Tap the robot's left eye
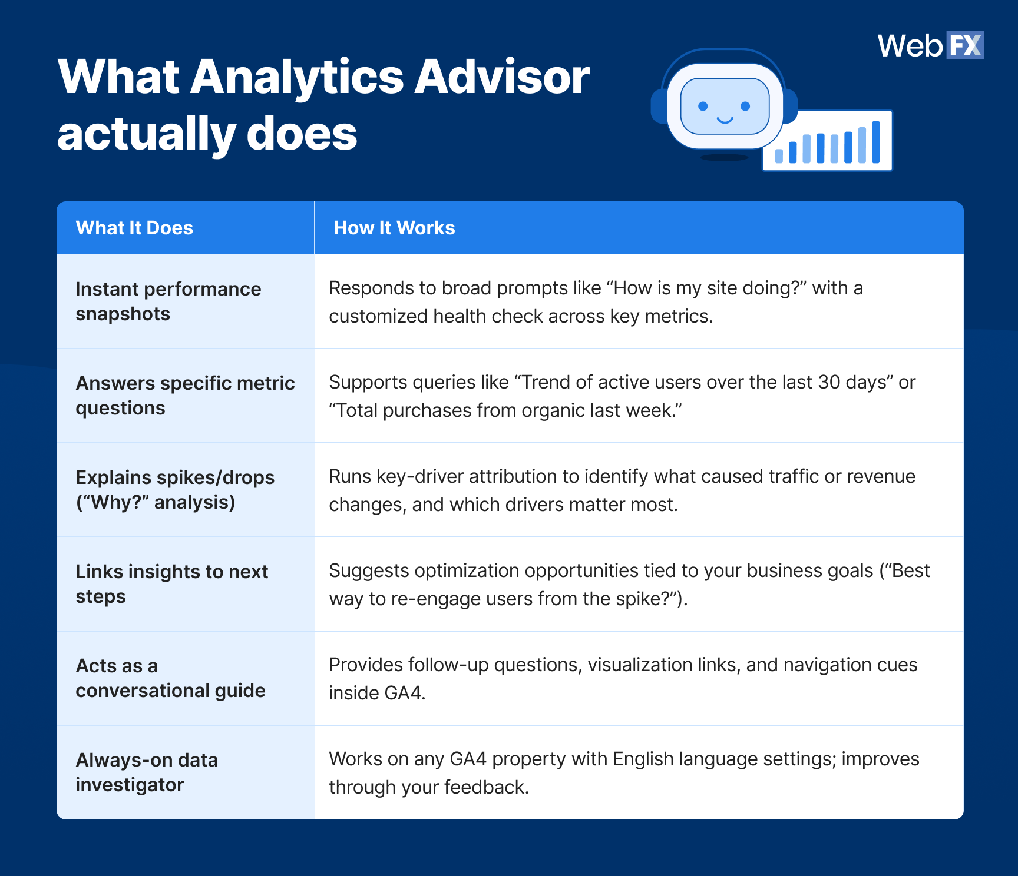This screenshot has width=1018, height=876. click(x=703, y=106)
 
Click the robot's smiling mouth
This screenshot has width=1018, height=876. click(x=725, y=120)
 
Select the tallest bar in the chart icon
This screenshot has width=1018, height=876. click(x=876, y=142)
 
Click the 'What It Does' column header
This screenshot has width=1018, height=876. click(x=134, y=228)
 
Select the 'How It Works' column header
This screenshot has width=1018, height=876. click(x=394, y=228)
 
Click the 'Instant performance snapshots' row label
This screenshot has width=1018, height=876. click(x=168, y=301)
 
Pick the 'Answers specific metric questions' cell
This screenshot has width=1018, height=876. click(x=184, y=396)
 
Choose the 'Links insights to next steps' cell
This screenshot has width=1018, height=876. click(x=171, y=584)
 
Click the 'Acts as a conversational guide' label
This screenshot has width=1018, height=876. click(x=170, y=678)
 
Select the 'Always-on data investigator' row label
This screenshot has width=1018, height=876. click(x=147, y=772)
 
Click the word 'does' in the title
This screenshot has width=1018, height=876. click(x=302, y=133)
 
